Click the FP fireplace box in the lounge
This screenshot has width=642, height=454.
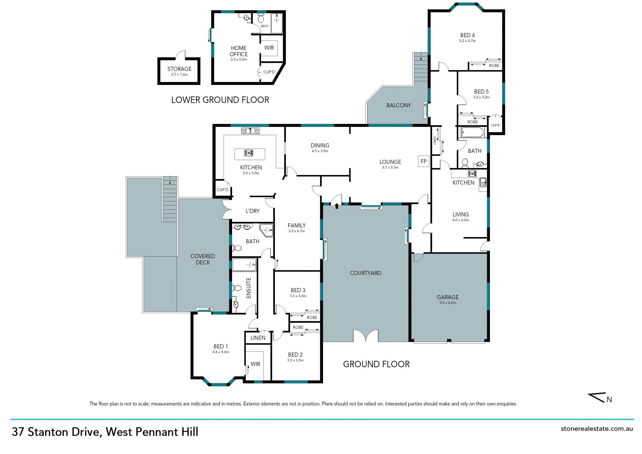(424, 161)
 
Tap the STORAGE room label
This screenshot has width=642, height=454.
(180, 69)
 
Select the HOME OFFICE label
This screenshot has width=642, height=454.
(239, 51)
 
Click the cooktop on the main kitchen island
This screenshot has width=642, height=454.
(248, 153)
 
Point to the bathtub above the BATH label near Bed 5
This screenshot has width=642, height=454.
(472, 132)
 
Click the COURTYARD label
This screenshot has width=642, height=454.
(365, 273)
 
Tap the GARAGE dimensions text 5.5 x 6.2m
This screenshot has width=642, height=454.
(448, 303)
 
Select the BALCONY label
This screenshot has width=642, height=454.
(399, 105)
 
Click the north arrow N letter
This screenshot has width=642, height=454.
(609, 399)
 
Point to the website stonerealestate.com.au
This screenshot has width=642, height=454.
(597, 429)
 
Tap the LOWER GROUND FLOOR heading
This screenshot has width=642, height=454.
(220, 100)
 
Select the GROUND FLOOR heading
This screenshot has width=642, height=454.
(376, 364)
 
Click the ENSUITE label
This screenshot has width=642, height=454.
(248, 288)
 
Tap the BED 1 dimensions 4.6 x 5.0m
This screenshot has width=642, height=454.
(221, 352)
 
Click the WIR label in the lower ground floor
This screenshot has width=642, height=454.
(269, 48)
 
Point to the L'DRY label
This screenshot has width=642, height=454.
(252, 211)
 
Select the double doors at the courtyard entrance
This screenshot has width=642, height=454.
(366, 336)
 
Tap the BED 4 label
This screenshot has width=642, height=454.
(467, 35)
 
